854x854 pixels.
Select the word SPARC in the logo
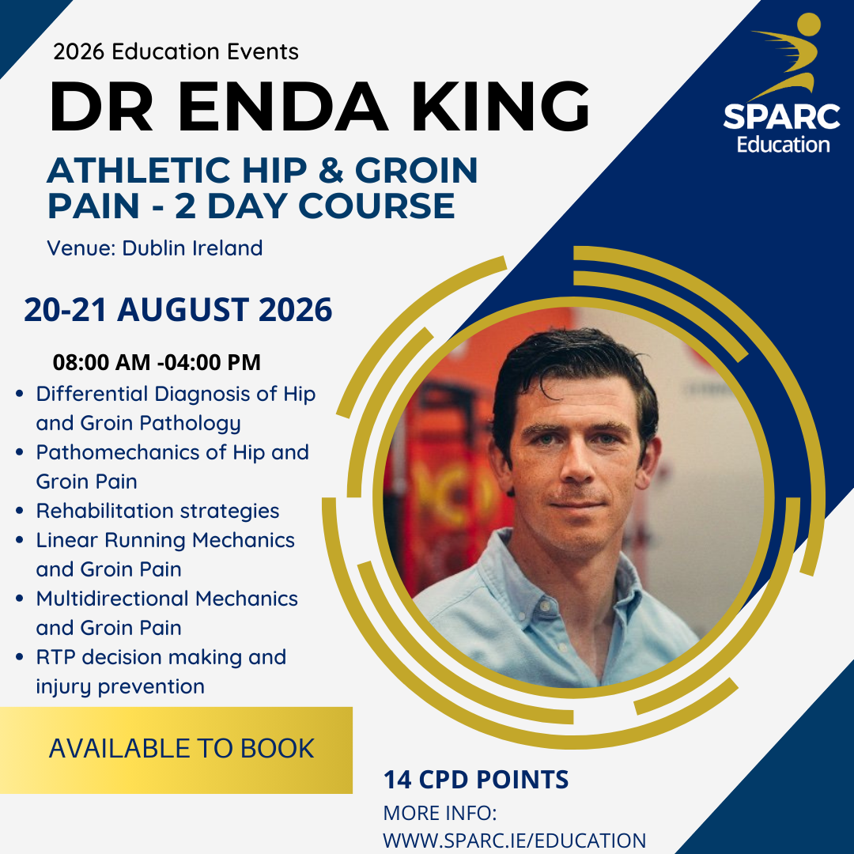[x=781, y=117]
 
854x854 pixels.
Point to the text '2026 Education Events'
[x=176, y=52]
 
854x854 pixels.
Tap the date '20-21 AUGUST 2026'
[x=178, y=309]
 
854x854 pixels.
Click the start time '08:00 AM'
[x=100, y=363]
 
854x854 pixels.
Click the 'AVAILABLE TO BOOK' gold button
[x=181, y=748]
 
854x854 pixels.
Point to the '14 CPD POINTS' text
[x=476, y=780]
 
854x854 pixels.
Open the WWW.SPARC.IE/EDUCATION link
[x=514, y=840]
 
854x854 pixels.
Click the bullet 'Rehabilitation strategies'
[x=157, y=511]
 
